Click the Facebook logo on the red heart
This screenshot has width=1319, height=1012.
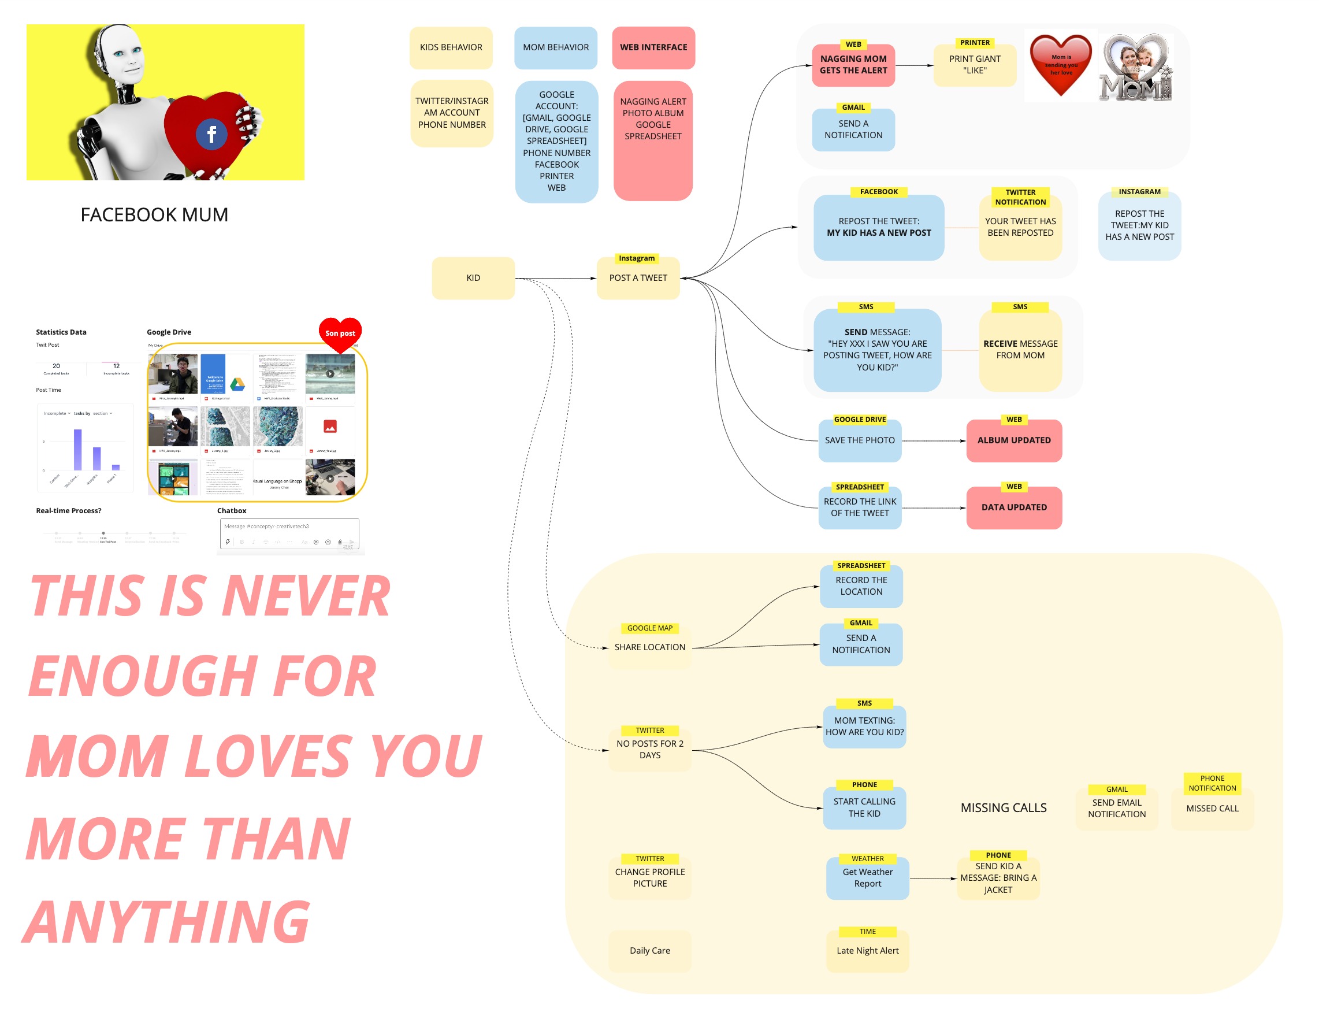point(211,134)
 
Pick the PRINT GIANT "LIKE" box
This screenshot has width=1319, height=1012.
point(975,65)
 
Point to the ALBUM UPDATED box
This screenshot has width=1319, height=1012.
point(1014,440)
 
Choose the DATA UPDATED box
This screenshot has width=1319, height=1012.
point(1014,507)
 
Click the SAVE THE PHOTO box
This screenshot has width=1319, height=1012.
point(860,440)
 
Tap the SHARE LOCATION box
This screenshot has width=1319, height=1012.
point(649,647)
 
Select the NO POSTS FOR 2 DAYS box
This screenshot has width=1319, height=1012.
point(649,750)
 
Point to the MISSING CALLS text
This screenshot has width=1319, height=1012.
point(1004,808)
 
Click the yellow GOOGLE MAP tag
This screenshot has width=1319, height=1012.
point(649,628)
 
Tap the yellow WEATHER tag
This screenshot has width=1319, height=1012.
point(868,859)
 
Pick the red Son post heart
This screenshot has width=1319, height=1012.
point(340,333)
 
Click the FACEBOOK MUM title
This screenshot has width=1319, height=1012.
point(154,215)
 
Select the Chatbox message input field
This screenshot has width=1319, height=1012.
point(289,527)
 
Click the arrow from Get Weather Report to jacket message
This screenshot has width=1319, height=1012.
point(932,879)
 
